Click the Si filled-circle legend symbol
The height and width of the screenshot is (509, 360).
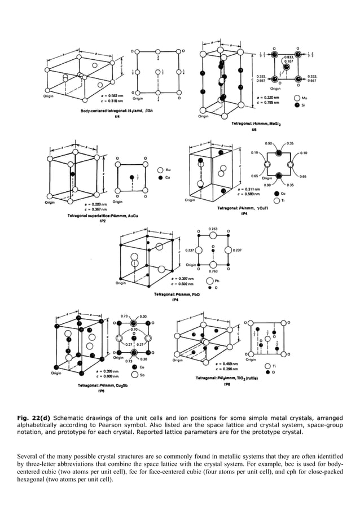tap(297, 105)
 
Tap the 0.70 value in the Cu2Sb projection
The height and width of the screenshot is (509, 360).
tap(134, 328)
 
